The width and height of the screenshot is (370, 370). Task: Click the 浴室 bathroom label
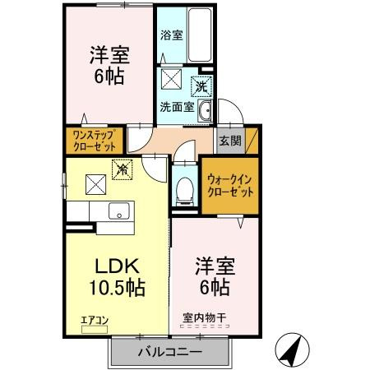[x=172, y=35]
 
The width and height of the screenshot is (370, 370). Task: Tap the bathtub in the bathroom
[x=200, y=35]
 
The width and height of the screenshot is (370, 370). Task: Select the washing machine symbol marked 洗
[x=201, y=86]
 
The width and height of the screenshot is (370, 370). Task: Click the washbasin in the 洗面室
[x=205, y=111]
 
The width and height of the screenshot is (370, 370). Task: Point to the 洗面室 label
[x=178, y=107]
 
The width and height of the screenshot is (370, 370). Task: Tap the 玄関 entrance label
[x=230, y=141]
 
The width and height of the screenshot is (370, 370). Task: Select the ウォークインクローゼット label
[x=230, y=186]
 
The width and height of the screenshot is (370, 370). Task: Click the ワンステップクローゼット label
[x=94, y=141]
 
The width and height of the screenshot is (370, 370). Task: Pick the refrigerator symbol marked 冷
[x=123, y=170]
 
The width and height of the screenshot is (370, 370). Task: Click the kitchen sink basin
[x=119, y=210]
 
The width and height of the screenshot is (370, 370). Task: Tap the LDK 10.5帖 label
[x=118, y=277]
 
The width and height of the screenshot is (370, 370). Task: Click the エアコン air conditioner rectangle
[x=95, y=330]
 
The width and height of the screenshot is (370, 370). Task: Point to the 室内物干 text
[x=204, y=318]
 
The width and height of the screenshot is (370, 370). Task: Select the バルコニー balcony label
[x=170, y=352]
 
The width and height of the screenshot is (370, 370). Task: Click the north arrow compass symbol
[x=292, y=350]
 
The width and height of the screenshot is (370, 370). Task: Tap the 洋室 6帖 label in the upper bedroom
[x=109, y=65]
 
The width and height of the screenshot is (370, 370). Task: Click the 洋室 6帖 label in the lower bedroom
[x=215, y=276]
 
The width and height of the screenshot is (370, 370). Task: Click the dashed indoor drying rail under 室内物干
[x=205, y=326]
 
